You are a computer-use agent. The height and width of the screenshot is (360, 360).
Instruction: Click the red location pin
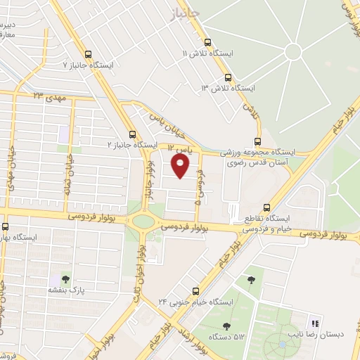coord(181,165)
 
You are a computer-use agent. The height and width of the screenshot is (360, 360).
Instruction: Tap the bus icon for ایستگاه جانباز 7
coord(88,53)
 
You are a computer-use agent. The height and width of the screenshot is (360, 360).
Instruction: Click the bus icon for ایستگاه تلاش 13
coord(227,77)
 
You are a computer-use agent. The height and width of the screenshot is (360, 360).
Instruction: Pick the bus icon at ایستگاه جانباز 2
coord(131,134)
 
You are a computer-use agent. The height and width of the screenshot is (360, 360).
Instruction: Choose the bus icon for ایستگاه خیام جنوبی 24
coord(195,291)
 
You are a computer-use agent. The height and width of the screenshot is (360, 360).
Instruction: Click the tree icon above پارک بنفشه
coord(65,279)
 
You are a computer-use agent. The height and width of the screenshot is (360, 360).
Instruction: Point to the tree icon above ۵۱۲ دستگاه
coord(226,326)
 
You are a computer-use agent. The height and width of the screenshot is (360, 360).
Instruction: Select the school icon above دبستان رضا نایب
coord(316,323)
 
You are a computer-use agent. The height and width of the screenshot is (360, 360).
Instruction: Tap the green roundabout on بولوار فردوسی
coord(143,220)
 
